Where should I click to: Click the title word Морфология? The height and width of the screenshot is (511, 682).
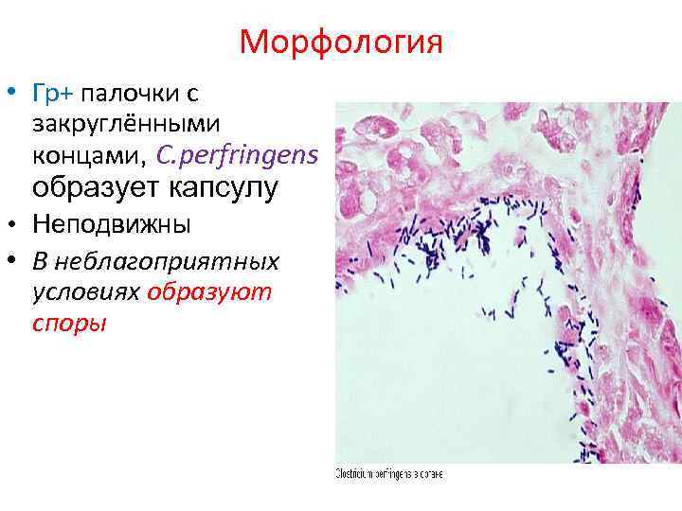[341, 43]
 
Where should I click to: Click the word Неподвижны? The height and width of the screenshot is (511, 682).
[111, 226]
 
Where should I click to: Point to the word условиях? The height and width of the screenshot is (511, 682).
[85, 291]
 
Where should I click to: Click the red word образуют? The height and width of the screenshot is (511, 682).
[209, 291]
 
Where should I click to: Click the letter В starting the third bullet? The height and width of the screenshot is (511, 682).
[39, 260]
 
